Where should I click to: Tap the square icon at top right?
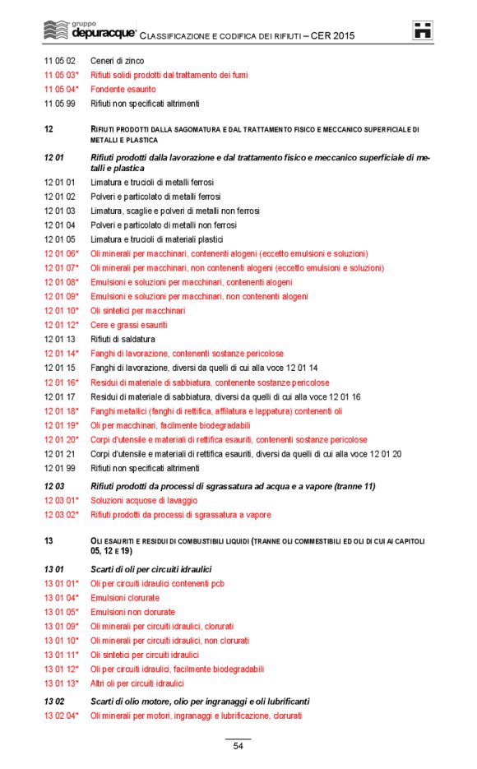point(424,30)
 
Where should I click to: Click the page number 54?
point(238,746)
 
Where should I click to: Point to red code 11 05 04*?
point(62,90)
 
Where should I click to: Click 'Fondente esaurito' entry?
point(123,90)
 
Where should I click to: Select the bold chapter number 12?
point(49,129)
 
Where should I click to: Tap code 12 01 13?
point(60,339)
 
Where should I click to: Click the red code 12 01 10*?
point(62,311)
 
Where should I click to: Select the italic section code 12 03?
point(53,486)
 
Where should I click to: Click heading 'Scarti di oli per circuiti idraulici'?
point(151,568)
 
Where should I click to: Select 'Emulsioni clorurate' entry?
point(124,598)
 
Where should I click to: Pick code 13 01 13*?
point(62,683)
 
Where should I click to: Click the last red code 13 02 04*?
point(62,716)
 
